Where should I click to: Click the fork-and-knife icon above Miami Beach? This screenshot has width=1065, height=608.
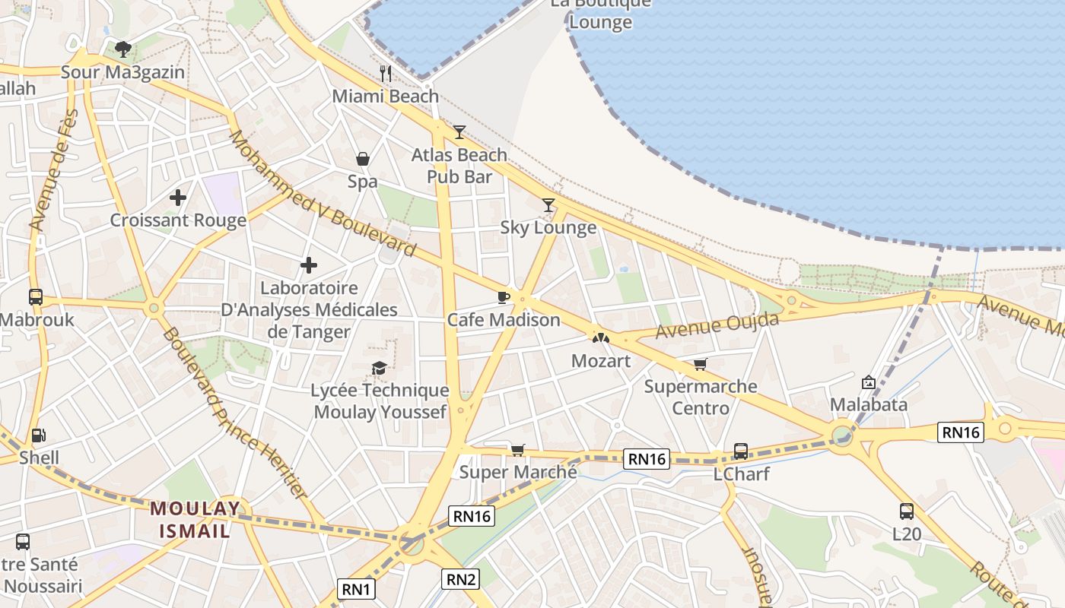pyautogui.click(x=386, y=74)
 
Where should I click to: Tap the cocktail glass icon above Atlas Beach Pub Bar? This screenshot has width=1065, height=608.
pyautogui.click(x=459, y=132)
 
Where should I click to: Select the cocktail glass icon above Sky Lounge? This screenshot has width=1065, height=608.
pyautogui.click(x=548, y=204)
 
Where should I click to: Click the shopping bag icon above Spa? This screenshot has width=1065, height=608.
pyautogui.click(x=363, y=159)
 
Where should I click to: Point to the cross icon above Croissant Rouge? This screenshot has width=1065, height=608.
pyautogui.click(x=178, y=198)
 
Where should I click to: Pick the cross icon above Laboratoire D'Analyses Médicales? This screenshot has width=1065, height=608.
pyautogui.click(x=309, y=265)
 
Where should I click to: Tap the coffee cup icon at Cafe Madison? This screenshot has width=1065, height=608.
pyautogui.click(x=503, y=297)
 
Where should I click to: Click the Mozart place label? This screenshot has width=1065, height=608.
pyautogui.click(x=601, y=360)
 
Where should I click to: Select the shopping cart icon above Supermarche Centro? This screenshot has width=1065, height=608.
pyautogui.click(x=700, y=364)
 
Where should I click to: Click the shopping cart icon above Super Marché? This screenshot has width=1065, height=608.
pyautogui.click(x=518, y=450)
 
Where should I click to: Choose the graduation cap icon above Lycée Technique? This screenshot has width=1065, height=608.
pyautogui.click(x=379, y=369)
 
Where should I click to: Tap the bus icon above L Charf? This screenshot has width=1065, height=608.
pyautogui.click(x=741, y=451)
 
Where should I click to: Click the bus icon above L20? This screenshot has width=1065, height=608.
pyautogui.click(x=906, y=511)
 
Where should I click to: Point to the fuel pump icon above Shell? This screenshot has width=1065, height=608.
pyautogui.click(x=38, y=436)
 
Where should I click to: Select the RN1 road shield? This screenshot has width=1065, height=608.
pyautogui.click(x=356, y=589)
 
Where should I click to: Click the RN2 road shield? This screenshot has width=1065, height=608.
pyautogui.click(x=461, y=579)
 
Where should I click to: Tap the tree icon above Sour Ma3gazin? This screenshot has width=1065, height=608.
pyautogui.click(x=123, y=50)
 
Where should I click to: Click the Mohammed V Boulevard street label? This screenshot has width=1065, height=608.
pyautogui.click(x=323, y=194)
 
